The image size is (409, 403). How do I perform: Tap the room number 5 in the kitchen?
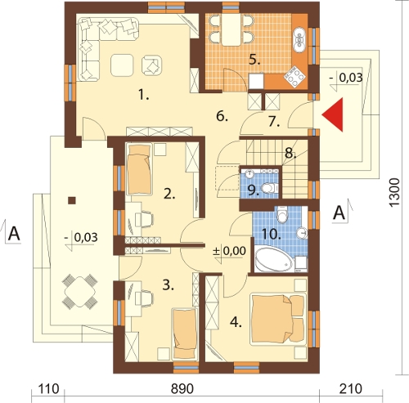(x=254, y=60)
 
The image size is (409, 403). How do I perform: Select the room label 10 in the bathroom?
(x=271, y=234)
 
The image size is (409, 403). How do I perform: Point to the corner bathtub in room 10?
(x=275, y=259)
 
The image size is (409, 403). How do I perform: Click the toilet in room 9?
(x=269, y=188)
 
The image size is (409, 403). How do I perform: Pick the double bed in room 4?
(x=278, y=317)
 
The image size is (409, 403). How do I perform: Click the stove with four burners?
(x=294, y=77)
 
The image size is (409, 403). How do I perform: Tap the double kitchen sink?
(x=300, y=39)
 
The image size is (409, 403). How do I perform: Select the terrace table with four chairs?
(x=79, y=292)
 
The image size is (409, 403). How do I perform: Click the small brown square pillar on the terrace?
(x=72, y=200)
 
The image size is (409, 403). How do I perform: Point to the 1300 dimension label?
(x=394, y=192)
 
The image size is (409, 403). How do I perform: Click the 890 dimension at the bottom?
(x=182, y=389)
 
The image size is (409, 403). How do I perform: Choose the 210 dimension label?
(x=351, y=389)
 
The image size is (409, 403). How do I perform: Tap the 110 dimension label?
(x=47, y=389)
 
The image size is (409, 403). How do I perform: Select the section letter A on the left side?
(x=14, y=234)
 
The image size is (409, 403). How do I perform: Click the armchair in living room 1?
(x=151, y=65)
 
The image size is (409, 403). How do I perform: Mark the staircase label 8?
(x=290, y=154)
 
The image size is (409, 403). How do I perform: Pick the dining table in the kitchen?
(x=231, y=29)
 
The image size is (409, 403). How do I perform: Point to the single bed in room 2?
(x=140, y=169)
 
